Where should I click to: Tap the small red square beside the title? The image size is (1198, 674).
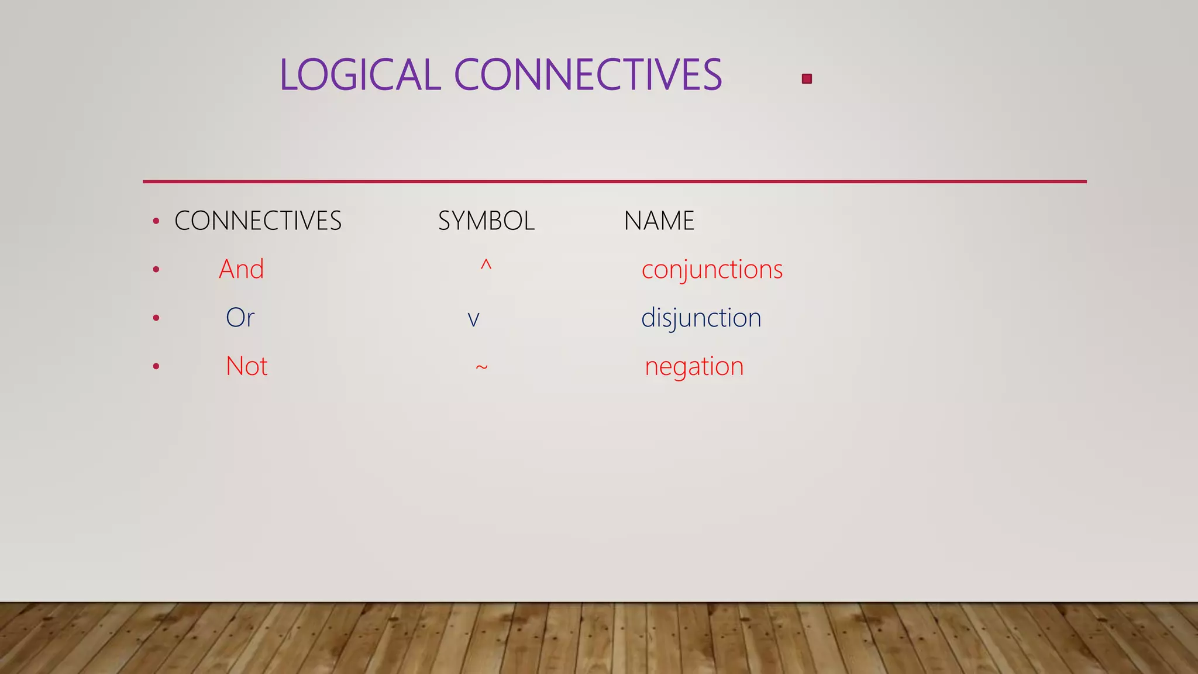[807, 79]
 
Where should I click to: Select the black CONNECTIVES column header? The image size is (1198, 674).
[258, 221]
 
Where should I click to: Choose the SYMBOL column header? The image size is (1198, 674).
[486, 221]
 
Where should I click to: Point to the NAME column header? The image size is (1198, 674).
[659, 221]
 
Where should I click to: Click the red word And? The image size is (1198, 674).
[241, 270]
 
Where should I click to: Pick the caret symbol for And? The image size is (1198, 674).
[486, 266]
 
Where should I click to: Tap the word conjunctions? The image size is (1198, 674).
[712, 270]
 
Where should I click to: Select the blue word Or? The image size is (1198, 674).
[240, 318]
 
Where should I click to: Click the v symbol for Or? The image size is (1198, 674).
[473, 319]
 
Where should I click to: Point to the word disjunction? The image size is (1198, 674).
[701, 318]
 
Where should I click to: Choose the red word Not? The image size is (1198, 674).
[246, 366]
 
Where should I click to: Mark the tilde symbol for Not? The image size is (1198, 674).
[481, 367]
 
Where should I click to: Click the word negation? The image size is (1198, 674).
[694, 367]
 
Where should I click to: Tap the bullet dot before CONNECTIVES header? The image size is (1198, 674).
[156, 221]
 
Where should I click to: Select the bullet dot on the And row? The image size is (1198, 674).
[156, 270]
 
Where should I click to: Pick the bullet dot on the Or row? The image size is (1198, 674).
[156, 318]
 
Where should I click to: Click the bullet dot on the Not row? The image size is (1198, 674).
[156, 367]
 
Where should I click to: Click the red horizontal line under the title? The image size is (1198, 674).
[614, 181]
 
